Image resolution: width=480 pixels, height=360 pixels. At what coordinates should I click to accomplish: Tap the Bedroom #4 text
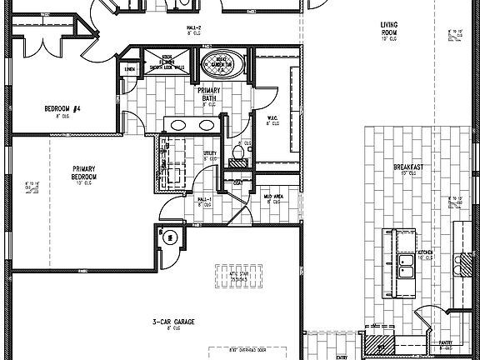62,107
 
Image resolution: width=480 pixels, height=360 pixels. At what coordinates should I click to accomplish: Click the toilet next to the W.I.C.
240,151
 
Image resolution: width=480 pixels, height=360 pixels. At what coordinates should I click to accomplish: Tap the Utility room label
210,153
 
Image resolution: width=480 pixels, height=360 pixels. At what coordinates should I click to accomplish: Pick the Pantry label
446,342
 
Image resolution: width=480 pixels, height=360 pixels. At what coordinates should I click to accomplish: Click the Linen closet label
129,69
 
